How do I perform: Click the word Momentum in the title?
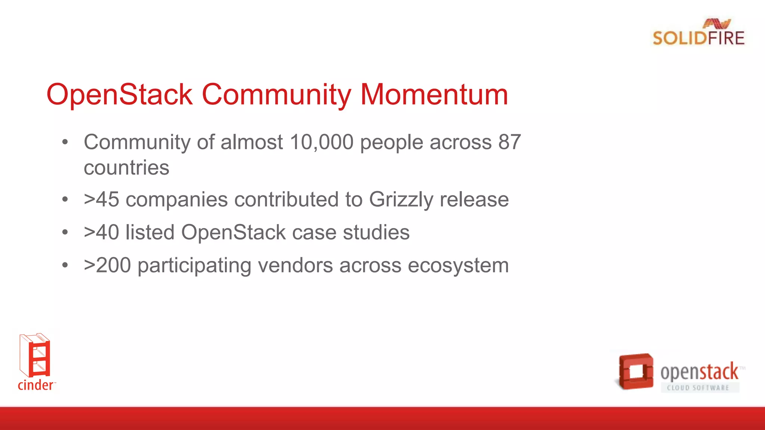[x=434, y=94]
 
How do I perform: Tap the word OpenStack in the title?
[x=120, y=94]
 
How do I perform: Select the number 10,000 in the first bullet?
[x=322, y=142]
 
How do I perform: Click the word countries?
[x=126, y=168]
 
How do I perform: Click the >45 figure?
[x=102, y=199]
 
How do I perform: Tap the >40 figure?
[x=102, y=232]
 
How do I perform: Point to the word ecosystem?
[x=458, y=265]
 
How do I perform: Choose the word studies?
[x=376, y=232]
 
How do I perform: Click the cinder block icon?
[x=35, y=355]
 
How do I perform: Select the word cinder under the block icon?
[x=35, y=385]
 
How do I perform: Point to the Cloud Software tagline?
[x=698, y=388]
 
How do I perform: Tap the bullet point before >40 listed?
[x=65, y=232]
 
